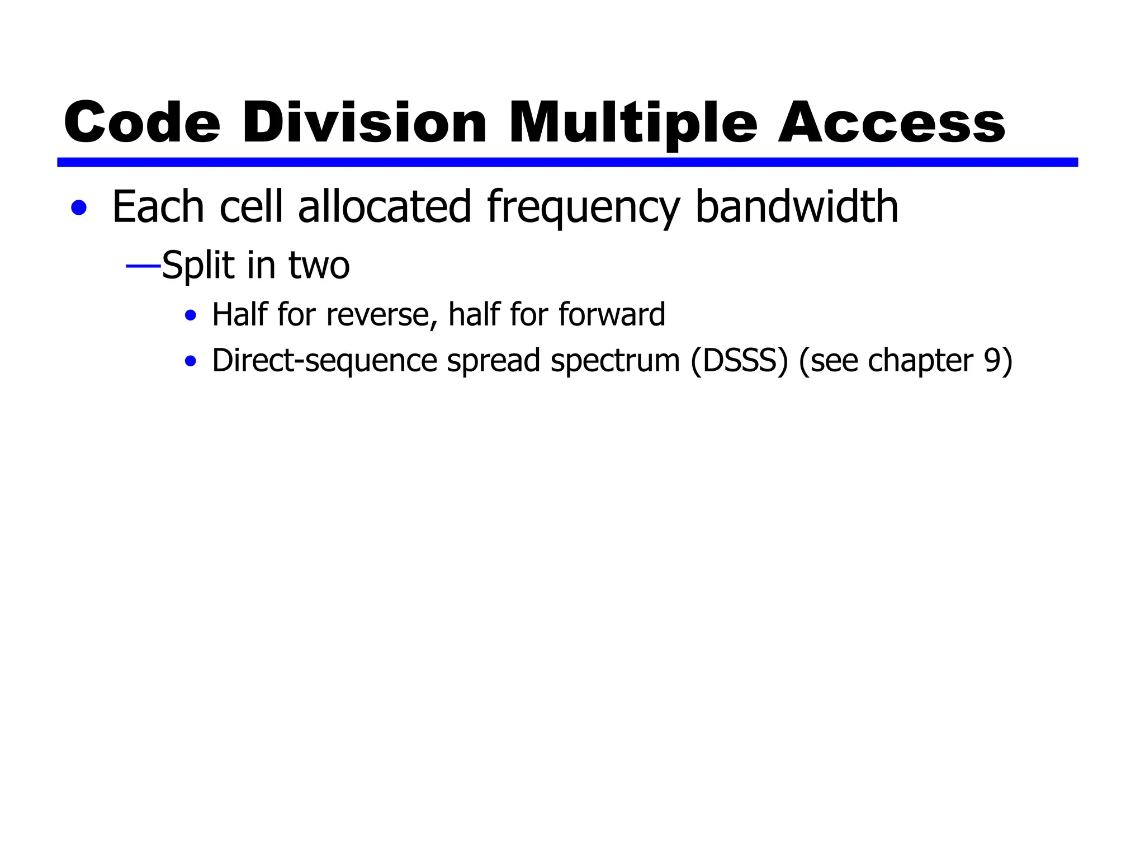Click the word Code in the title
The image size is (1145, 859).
tap(142, 122)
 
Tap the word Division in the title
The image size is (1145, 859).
tap(365, 122)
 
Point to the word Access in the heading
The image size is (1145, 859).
tap(891, 122)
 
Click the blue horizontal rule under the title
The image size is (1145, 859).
tap(567, 162)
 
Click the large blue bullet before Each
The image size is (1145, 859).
tap(79, 208)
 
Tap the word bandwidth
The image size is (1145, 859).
tap(796, 207)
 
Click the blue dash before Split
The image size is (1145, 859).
tap(143, 266)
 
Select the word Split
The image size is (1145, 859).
tap(198, 266)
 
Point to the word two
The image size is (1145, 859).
tap(319, 266)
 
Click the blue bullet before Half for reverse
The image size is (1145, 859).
tap(191, 315)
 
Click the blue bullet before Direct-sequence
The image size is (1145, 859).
tap(191, 361)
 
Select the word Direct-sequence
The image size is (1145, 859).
tap(324, 361)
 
